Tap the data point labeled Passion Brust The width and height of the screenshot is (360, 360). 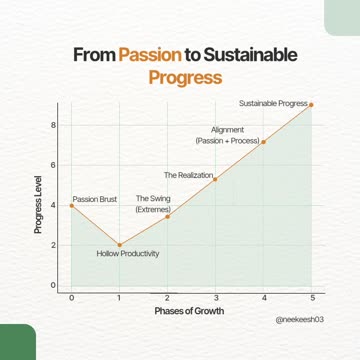(71, 205)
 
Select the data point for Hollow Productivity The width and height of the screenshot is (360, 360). (119, 245)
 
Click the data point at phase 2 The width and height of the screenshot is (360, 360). (167, 217)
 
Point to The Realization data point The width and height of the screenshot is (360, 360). (215, 179)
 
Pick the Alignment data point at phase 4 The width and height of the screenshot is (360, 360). (263, 142)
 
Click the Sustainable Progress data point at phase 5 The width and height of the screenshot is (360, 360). (311, 104)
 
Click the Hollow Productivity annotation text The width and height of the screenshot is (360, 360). (127, 254)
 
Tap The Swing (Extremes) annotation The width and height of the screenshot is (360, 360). (153, 204)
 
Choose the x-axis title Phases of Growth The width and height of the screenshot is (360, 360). (190, 311)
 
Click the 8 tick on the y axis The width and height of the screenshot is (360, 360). (54, 124)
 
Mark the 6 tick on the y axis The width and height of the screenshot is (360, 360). (54, 164)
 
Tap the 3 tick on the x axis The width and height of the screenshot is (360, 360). (215, 298)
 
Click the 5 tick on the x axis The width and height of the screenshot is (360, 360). (311, 298)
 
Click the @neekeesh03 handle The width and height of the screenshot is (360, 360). (304, 321)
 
